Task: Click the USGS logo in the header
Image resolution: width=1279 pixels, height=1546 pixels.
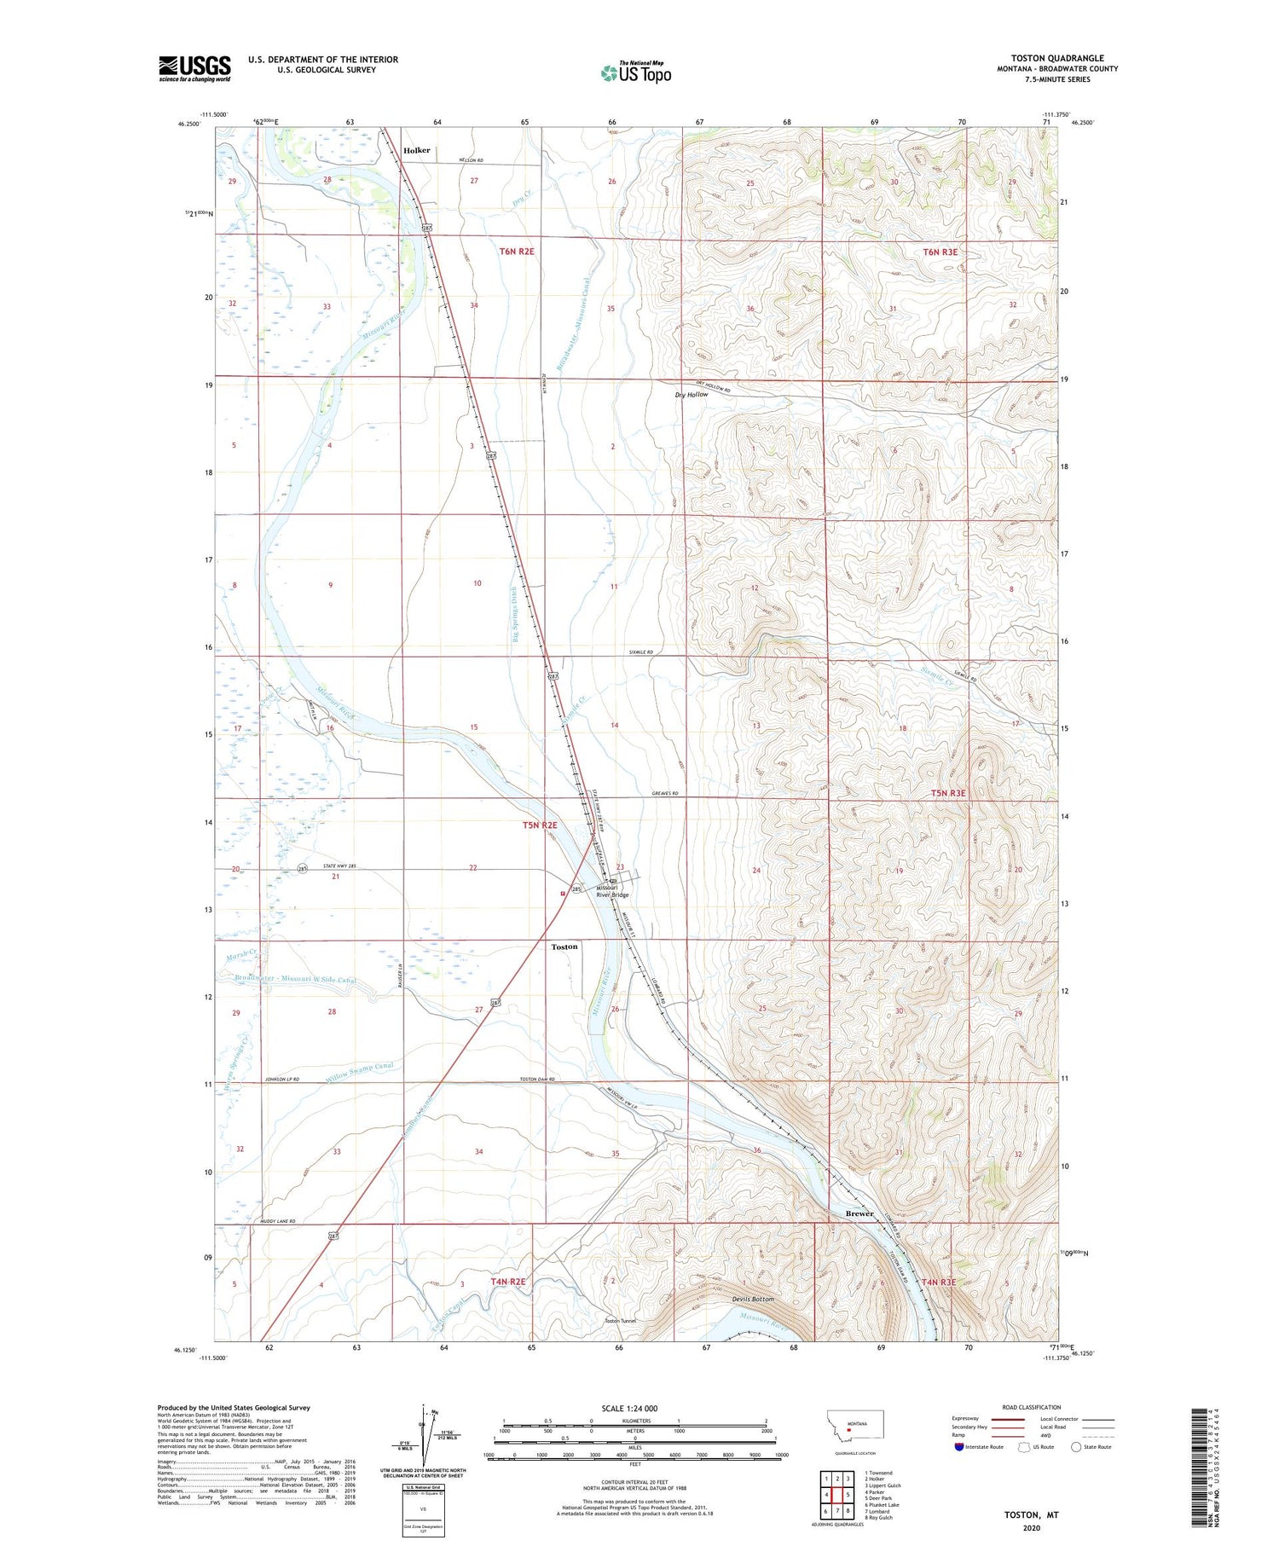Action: click(x=194, y=68)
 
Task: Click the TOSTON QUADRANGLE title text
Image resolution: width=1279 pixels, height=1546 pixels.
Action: click(x=1056, y=58)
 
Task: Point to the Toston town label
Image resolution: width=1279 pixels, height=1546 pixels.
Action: click(x=564, y=947)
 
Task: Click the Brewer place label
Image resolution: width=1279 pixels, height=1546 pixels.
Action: click(x=859, y=1213)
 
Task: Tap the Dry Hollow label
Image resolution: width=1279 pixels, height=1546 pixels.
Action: click(x=691, y=395)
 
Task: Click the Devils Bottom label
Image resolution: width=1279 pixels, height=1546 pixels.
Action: click(x=753, y=1299)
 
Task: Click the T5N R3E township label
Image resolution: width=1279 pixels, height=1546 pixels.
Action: click(x=948, y=793)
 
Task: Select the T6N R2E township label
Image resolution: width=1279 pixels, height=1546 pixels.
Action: click(x=517, y=252)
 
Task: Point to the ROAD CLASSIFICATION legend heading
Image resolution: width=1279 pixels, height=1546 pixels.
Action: click(x=1031, y=1407)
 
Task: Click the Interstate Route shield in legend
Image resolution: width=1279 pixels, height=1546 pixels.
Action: click(x=958, y=1447)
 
